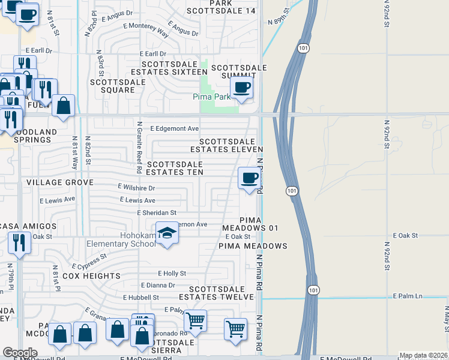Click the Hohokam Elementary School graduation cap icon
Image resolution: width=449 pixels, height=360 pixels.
pyautogui.click(x=167, y=233)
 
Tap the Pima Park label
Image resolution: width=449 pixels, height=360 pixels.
pyautogui.click(x=211, y=97)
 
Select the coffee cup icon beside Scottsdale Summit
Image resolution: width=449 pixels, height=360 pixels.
pyautogui.click(x=241, y=88)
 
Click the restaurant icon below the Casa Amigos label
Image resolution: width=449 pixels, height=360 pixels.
pyautogui.click(x=19, y=243)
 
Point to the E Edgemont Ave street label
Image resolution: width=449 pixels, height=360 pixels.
pyautogui.click(x=174, y=128)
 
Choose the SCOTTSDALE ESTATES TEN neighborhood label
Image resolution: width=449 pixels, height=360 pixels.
pyautogui.click(x=175, y=168)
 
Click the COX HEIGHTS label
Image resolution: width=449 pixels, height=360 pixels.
pyautogui.click(x=91, y=276)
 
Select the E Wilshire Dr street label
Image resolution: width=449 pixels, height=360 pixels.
pyautogui.click(x=136, y=188)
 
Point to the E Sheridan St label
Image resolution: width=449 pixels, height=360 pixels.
pyautogui.click(x=157, y=212)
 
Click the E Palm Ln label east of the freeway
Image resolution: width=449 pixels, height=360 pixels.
pyautogui.click(x=408, y=296)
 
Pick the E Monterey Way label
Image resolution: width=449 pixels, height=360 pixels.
pyautogui.click(x=145, y=26)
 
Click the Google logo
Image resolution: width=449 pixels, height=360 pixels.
pyautogui.click(x=20, y=353)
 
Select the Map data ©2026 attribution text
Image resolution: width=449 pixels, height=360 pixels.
pyautogui.click(x=423, y=355)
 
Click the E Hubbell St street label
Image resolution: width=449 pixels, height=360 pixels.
pyautogui.click(x=141, y=297)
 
